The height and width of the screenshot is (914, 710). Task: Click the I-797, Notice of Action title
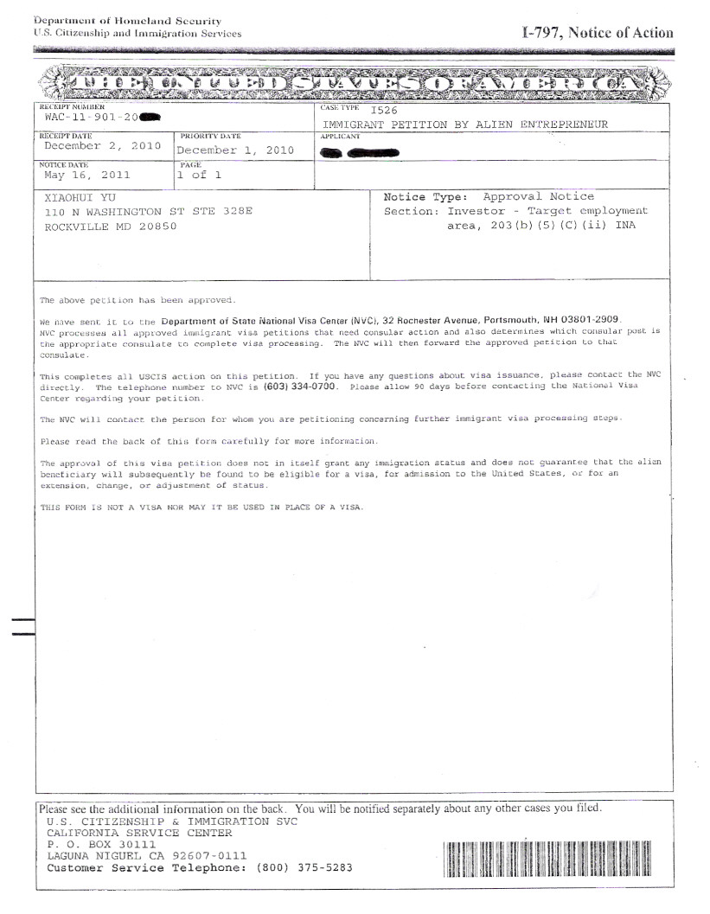[x=597, y=33]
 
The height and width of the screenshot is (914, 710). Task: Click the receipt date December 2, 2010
[x=102, y=146]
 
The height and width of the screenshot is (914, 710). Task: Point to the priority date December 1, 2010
[x=235, y=150]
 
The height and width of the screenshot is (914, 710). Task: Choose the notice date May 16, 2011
[x=86, y=175]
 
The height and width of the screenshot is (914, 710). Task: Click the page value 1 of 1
[x=200, y=175]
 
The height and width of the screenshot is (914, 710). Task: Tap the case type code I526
[x=383, y=111]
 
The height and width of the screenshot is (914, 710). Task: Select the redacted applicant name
[x=359, y=152]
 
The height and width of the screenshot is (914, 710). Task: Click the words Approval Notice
[x=538, y=197]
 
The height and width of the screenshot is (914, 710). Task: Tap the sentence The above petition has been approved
[x=138, y=300]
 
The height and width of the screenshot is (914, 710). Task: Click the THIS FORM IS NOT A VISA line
[x=201, y=507]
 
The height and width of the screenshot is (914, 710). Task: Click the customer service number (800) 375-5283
[x=304, y=868]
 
